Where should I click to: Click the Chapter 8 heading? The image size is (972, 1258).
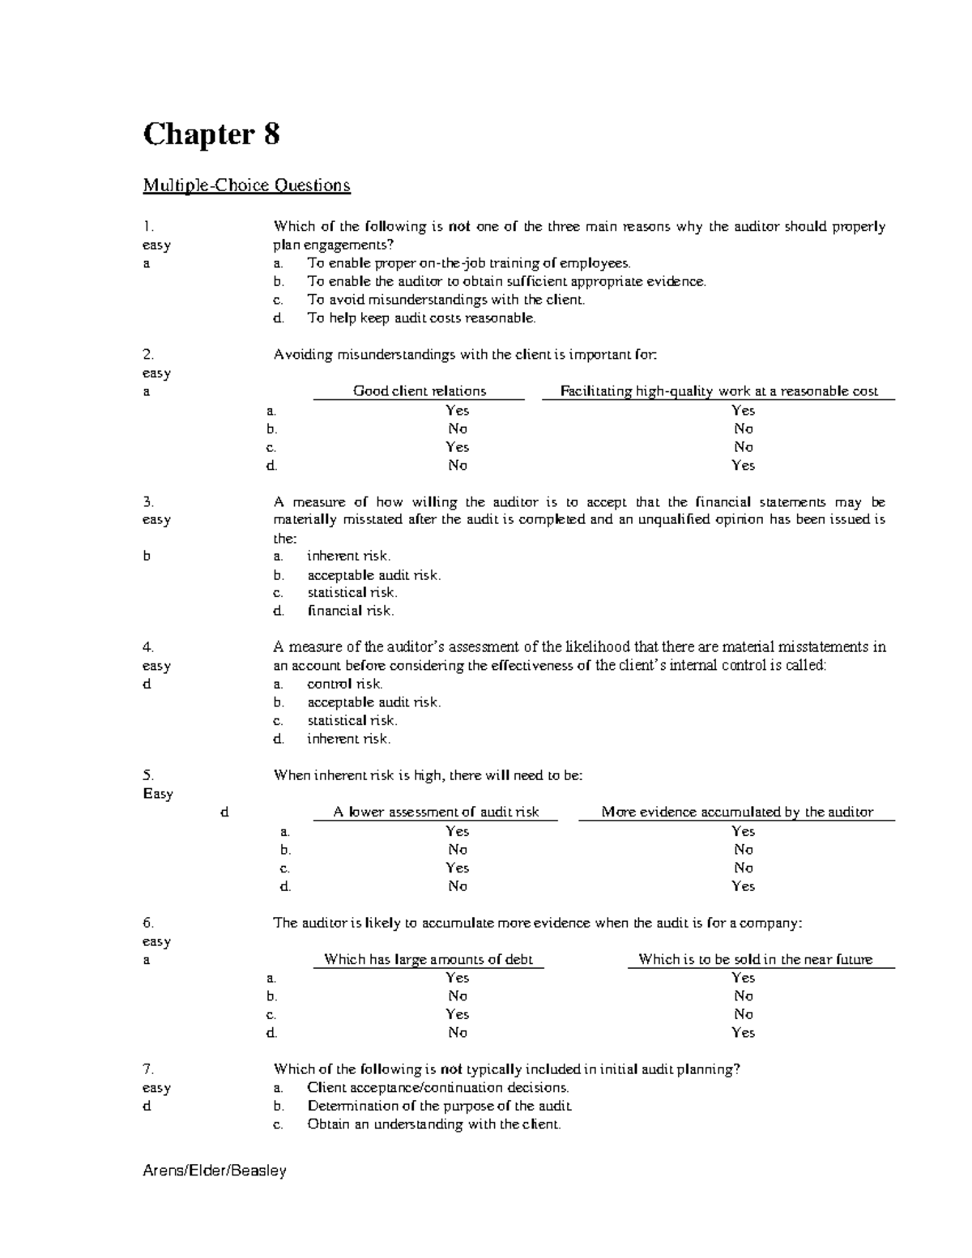(x=211, y=134)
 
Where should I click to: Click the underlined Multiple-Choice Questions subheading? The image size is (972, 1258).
(x=246, y=186)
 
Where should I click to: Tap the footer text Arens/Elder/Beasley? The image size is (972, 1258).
(x=214, y=1171)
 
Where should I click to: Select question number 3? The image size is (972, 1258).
(x=147, y=502)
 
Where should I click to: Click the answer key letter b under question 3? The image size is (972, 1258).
(x=147, y=557)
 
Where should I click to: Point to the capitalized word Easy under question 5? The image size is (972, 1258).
(x=158, y=794)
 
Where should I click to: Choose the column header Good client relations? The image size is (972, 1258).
(x=419, y=391)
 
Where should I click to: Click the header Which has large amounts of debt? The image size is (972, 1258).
(x=428, y=960)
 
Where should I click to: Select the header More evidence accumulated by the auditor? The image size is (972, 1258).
(x=737, y=812)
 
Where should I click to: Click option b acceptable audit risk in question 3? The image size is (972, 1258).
(x=373, y=575)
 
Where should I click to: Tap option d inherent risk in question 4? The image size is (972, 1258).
(x=348, y=739)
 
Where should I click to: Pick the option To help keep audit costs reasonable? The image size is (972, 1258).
(x=421, y=318)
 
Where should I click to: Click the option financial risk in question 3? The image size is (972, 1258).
(x=350, y=612)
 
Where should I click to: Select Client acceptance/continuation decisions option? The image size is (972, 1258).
(x=437, y=1088)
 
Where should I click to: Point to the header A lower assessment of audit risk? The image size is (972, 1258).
(x=436, y=812)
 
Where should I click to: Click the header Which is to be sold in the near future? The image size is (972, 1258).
(x=755, y=960)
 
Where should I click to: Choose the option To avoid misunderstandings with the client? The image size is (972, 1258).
(x=446, y=300)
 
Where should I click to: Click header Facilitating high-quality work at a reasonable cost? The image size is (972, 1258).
(x=718, y=391)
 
